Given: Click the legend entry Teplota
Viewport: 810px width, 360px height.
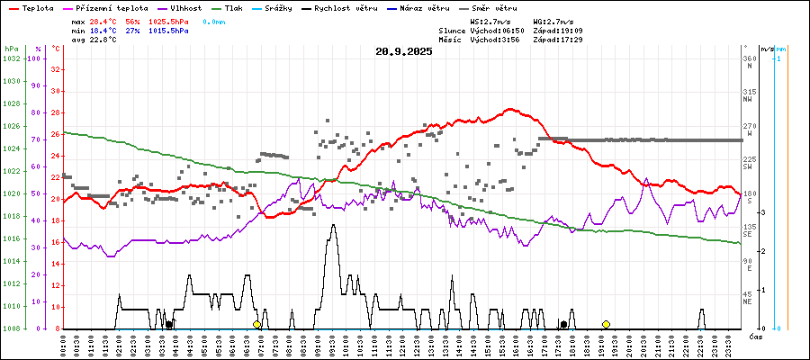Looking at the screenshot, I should (36, 7).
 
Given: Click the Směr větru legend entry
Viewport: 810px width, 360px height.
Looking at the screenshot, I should (494, 7).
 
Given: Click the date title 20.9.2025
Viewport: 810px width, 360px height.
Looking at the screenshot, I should (404, 51).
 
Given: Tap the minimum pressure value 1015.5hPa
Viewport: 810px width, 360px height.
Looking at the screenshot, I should (168, 30).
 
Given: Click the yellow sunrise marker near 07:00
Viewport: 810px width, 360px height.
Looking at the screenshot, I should (256, 324).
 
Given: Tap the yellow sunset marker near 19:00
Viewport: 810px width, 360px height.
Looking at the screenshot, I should (606, 324).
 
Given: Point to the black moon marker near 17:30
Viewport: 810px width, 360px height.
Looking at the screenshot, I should (563, 324).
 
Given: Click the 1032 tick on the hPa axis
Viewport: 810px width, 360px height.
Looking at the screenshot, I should (11, 58).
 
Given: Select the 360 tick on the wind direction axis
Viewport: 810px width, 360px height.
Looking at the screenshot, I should (749, 58).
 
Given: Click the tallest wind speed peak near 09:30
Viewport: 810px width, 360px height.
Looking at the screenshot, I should (333, 225).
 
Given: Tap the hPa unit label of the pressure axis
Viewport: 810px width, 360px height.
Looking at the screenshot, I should (11, 48).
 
